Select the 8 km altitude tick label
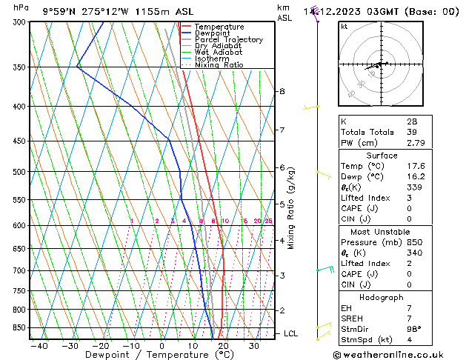(x=282, y=91)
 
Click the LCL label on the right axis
(x=290, y=333)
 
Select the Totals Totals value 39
(x=411, y=132)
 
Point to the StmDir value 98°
(x=413, y=330)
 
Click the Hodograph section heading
(x=382, y=297)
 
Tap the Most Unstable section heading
(x=382, y=231)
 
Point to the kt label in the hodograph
(x=344, y=27)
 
